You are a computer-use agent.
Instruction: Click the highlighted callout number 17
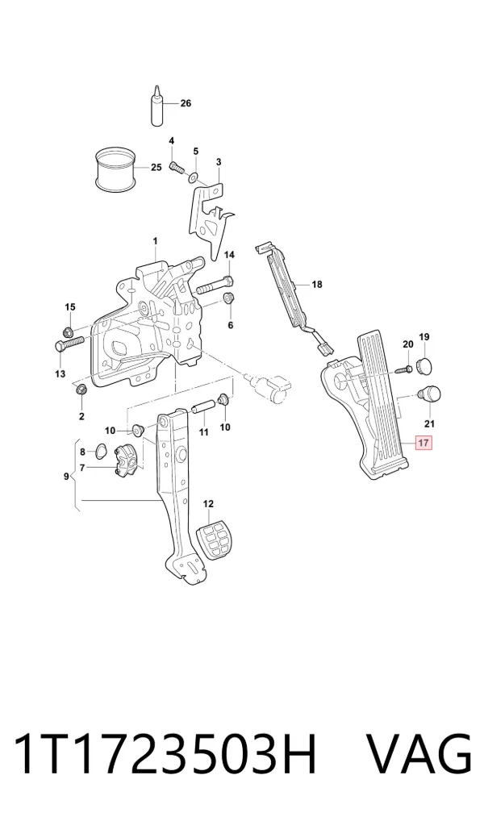coord(423,443)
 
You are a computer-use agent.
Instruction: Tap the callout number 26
coord(186,103)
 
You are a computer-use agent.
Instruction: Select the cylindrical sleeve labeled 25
coord(115,169)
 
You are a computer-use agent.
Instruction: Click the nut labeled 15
coord(68,331)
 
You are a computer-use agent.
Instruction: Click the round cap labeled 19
coord(426,366)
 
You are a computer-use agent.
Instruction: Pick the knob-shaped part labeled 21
coord(429,394)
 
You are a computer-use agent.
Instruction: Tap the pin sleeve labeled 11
coord(202,406)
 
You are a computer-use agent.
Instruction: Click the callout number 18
coord(317,285)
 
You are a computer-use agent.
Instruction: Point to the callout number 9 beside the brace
coord(66,476)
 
